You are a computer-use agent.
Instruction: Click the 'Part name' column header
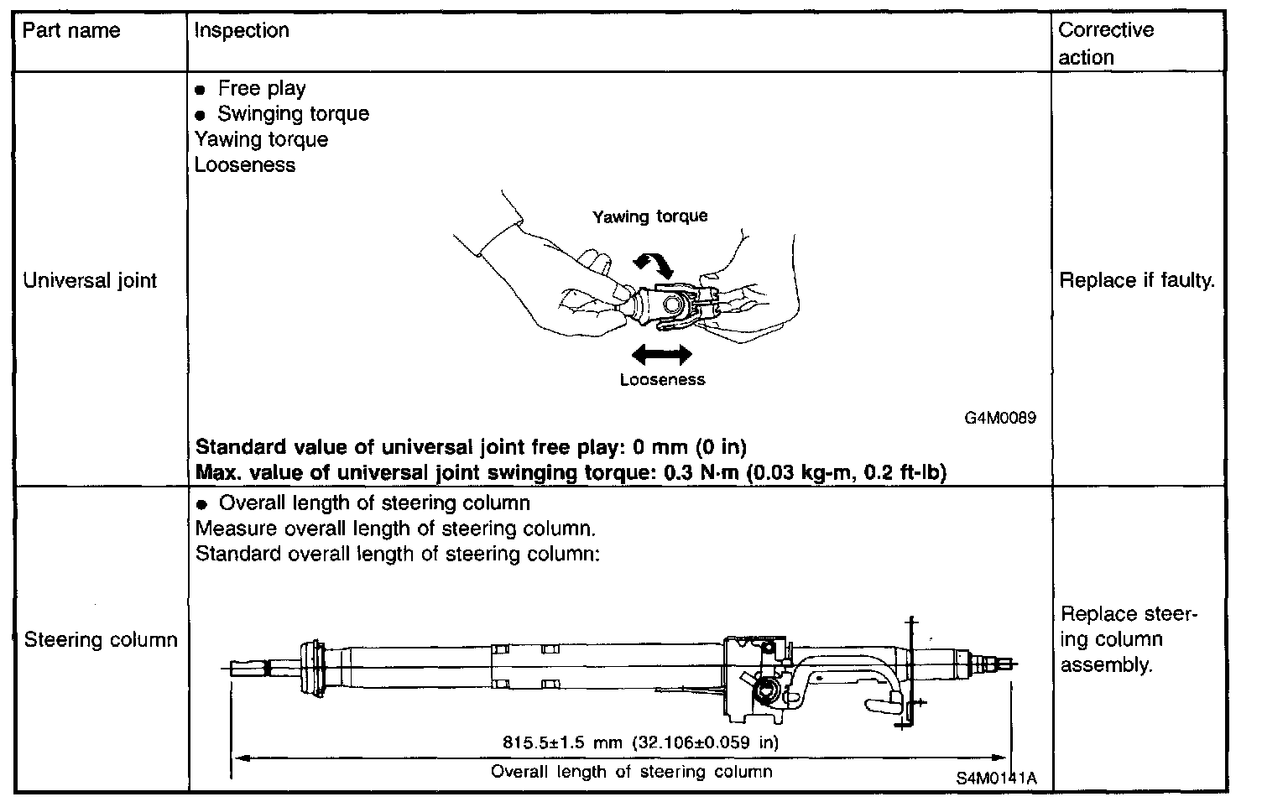[71, 32]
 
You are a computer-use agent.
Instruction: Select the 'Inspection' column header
[242, 31]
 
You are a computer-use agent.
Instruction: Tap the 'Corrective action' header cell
[1106, 44]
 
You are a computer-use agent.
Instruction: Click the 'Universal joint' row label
[90, 280]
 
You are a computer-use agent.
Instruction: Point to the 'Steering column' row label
[101, 640]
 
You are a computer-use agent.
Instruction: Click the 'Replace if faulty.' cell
[1137, 280]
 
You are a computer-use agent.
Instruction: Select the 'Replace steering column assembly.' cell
[1128, 639]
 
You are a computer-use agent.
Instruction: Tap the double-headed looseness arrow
[661, 356]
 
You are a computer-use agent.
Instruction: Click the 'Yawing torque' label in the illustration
[650, 216]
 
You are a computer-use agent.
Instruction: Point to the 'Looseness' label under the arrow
[662, 380]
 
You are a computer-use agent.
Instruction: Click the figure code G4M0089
[1000, 417]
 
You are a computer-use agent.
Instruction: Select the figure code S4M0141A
[995, 778]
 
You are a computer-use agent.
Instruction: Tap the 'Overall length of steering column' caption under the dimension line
[631, 771]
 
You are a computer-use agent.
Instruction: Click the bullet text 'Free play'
[262, 89]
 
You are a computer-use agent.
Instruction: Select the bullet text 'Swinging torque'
[293, 114]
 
